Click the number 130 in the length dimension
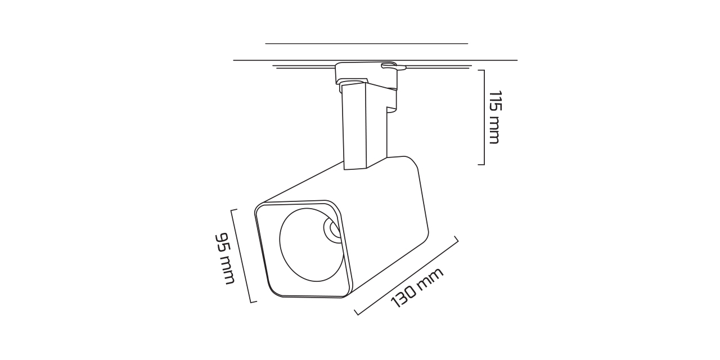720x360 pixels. (403, 295)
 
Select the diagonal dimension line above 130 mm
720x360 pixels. (406, 277)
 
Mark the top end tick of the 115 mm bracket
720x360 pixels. (481, 70)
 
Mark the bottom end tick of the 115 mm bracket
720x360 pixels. (481, 164)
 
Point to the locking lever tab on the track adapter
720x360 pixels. (394, 66)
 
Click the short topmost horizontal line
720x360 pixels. (366, 43)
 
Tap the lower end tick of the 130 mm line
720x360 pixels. (358, 312)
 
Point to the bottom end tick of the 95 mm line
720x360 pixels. (253, 302)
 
